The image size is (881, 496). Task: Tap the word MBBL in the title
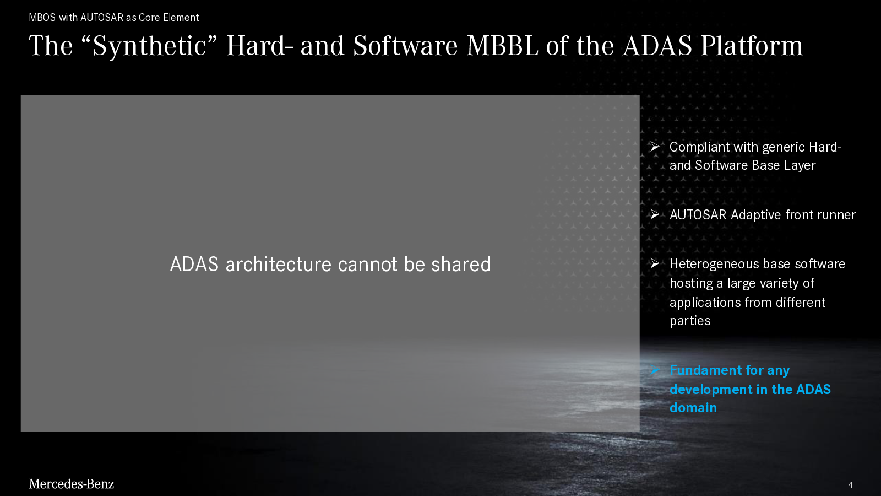click(x=502, y=46)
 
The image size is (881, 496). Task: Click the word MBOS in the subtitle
click(x=42, y=17)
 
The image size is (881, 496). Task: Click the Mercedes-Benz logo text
click(x=71, y=484)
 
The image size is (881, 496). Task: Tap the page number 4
click(x=850, y=484)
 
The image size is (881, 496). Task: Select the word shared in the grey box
click(x=461, y=264)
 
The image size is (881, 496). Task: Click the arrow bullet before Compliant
click(x=655, y=147)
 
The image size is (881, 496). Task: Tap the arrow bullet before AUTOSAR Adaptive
click(x=655, y=214)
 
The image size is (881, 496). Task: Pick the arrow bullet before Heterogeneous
click(x=655, y=263)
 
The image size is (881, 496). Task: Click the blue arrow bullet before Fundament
click(x=655, y=370)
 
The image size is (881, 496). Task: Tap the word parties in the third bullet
click(x=690, y=321)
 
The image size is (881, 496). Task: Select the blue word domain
click(x=693, y=407)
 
